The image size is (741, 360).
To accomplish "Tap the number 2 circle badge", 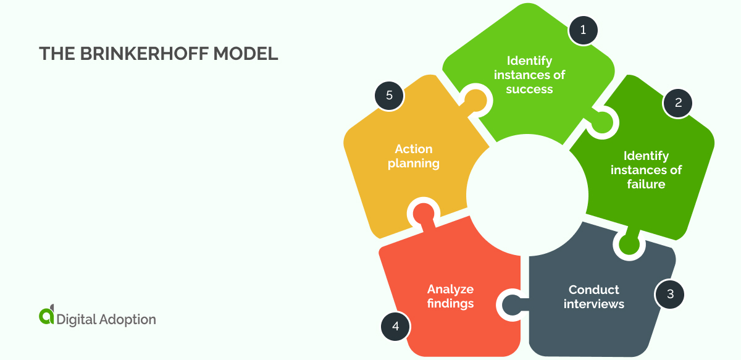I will (677, 103).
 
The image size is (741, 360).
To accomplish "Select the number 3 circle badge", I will (670, 294).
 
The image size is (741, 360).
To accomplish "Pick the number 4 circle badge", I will (395, 326).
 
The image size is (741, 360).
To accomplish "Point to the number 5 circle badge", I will (389, 96).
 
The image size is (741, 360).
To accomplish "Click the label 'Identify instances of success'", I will (529, 75).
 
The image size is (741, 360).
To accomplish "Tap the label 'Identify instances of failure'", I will (646, 170).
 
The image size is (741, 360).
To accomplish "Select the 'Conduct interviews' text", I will (593, 296).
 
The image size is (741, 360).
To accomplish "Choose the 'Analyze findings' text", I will (450, 296).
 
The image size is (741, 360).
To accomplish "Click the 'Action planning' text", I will (414, 156).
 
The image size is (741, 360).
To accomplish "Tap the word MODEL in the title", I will (246, 54).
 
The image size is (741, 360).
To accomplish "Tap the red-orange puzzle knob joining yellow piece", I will (424, 214).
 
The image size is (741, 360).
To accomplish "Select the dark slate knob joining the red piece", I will (512, 304).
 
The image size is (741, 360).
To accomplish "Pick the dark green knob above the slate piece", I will (628, 245).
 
